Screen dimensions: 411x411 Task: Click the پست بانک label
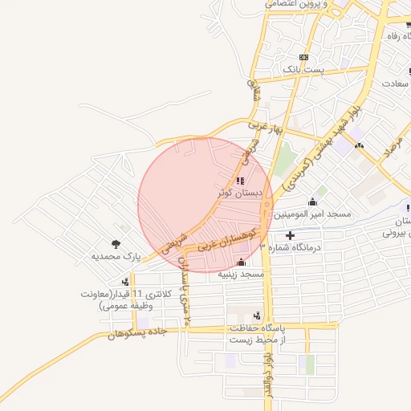pyautogui.click(x=329, y=71)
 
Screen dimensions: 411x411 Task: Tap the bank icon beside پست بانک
pyautogui.click(x=303, y=58)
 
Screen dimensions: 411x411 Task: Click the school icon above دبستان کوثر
pyautogui.click(x=242, y=180)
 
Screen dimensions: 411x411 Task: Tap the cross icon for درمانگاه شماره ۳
pyautogui.click(x=290, y=235)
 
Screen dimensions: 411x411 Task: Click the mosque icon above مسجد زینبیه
pyautogui.click(x=242, y=262)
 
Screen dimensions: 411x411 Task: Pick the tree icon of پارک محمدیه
pyautogui.click(x=116, y=244)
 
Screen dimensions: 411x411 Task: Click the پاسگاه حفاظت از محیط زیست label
pyautogui.click(x=254, y=333)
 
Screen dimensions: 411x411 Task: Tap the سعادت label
pyautogui.click(x=396, y=83)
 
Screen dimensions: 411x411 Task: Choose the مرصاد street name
pyautogui.click(x=393, y=145)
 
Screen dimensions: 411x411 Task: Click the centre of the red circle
pyautogui.click(x=205, y=205)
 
